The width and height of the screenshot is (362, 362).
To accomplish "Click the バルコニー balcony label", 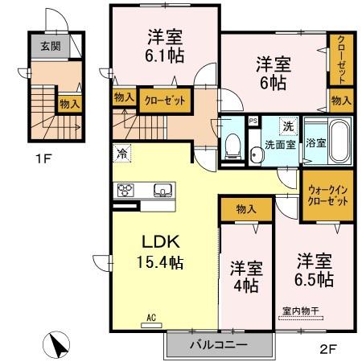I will coord(218,345).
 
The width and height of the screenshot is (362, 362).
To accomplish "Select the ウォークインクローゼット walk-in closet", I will coord(327,195).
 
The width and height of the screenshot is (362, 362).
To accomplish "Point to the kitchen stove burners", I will coord(127,191).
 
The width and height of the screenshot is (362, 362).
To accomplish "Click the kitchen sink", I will coord(162,191).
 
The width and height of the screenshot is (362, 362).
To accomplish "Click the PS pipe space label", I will coord(253,122).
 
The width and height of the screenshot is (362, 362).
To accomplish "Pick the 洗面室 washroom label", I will coord(281,145).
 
